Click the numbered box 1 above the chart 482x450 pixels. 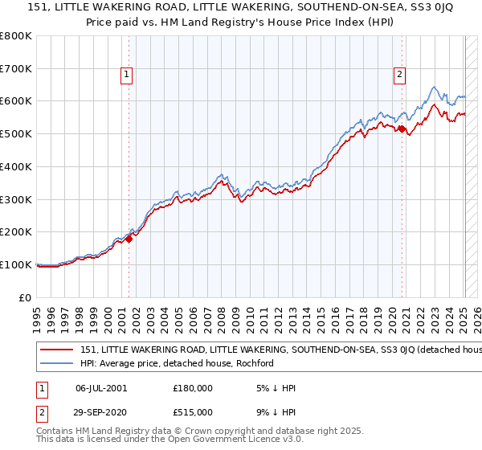(x=127, y=76)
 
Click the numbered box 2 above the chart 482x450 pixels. (x=399, y=76)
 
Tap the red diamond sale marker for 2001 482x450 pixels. (x=129, y=238)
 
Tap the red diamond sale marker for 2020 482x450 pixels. (x=401, y=129)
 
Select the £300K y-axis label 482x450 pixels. (x=17, y=199)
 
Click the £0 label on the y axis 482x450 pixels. (x=25, y=297)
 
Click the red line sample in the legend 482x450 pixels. (x=56, y=350)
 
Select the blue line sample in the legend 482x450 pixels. (x=56, y=363)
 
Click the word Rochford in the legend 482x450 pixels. (x=255, y=363)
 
